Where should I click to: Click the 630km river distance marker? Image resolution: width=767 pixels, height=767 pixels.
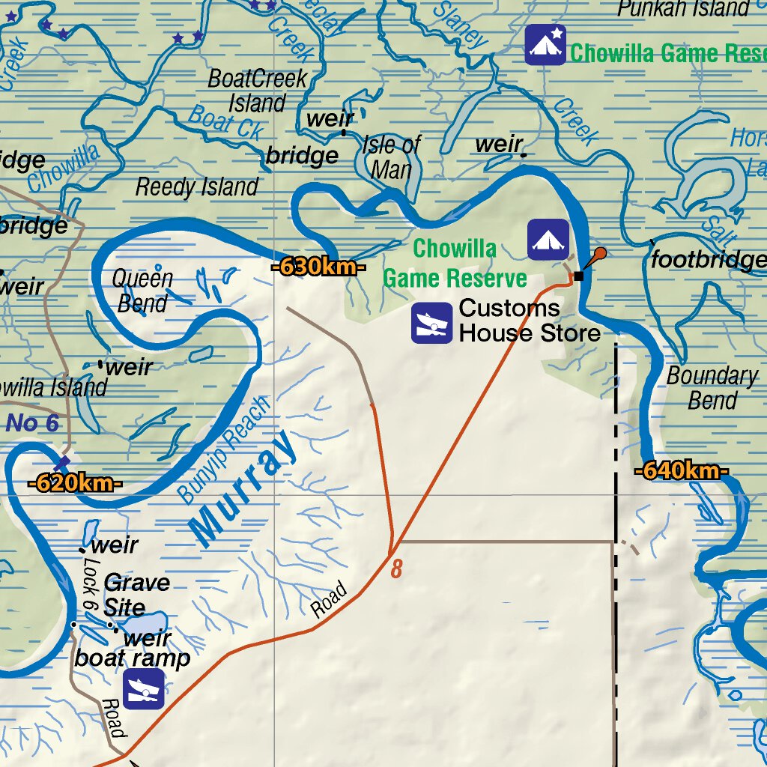[318, 267]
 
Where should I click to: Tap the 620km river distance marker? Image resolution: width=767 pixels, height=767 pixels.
[75, 483]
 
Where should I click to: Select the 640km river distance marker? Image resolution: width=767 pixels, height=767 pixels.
[682, 471]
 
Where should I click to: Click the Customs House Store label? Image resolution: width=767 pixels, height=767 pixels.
[530, 321]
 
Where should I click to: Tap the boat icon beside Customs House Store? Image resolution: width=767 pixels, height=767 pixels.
[431, 324]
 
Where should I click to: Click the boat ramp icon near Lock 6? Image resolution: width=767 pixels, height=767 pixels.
[142, 688]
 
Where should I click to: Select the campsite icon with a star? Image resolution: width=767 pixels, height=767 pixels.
[545, 45]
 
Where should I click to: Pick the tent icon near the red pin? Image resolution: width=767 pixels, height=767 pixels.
[548, 240]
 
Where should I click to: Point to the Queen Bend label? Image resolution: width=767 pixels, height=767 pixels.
[142, 291]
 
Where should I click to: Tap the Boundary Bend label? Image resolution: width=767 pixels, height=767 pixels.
[712, 387]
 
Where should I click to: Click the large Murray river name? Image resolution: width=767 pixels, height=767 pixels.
[243, 488]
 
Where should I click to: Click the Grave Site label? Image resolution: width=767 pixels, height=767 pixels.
[137, 594]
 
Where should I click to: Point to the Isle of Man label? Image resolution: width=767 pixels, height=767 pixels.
[392, 157]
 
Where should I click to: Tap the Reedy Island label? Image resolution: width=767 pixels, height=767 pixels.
[197, 187]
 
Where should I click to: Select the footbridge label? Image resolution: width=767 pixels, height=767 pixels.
[708, 260]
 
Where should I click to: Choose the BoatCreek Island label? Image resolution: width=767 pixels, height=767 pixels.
[257, 90]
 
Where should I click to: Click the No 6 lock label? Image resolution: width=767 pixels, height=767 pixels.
[32, 423]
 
